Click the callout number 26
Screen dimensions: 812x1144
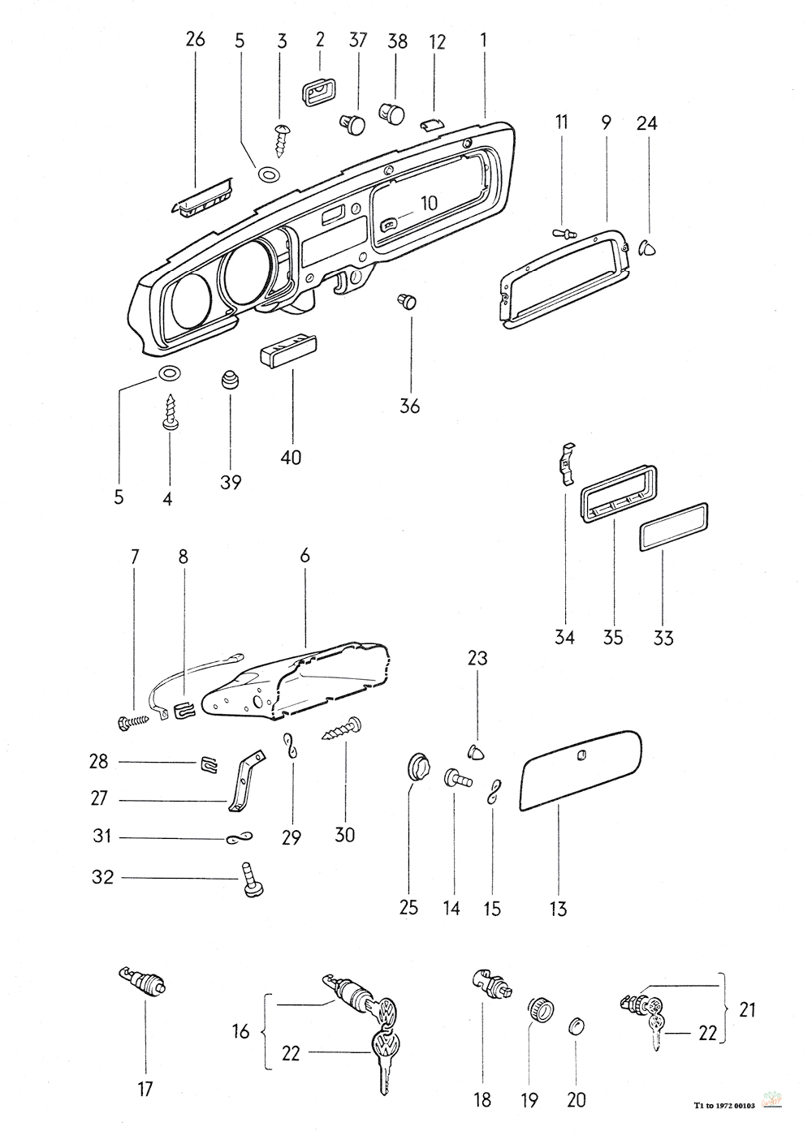(195, 39)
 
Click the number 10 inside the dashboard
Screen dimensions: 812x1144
(430, 204)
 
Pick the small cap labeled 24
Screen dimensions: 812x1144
(649, 249)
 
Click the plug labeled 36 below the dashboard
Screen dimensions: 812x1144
(408, 301)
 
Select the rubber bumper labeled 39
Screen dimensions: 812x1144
(230, 381)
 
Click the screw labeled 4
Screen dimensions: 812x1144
(169, 413)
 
